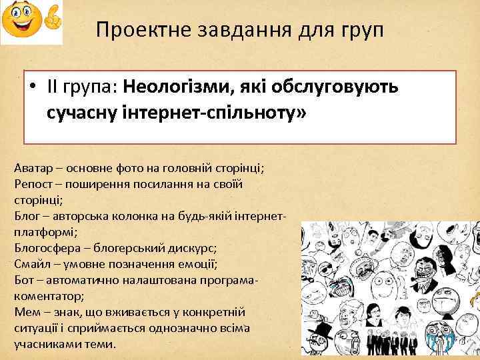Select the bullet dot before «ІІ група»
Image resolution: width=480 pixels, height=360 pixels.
coord(31,87)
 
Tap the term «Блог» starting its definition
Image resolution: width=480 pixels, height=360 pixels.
coord(27,216)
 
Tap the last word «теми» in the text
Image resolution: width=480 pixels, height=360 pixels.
coord(100,344)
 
